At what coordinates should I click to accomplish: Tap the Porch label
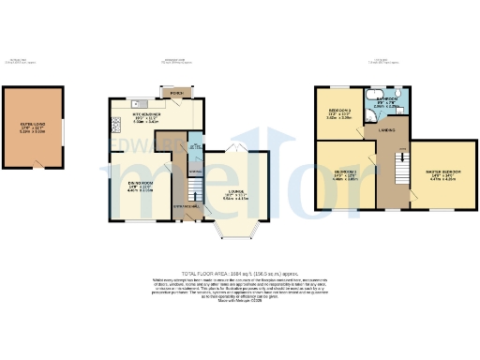pos(176,94)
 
